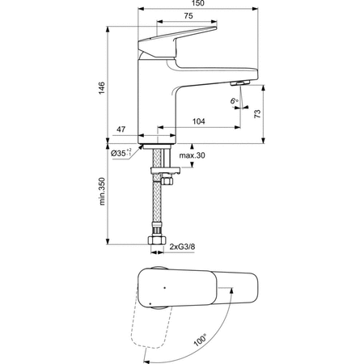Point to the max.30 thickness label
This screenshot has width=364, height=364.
(192, 154)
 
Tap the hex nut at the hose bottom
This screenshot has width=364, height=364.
(154, 242)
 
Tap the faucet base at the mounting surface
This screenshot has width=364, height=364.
(154, 138)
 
